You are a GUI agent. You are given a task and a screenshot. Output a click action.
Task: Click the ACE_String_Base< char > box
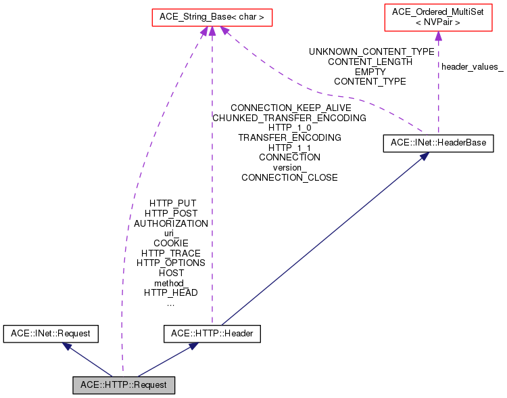212,18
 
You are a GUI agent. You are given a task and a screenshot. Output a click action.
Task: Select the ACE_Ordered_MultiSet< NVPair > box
438,18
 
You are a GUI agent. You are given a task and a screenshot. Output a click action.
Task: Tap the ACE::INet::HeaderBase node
438,143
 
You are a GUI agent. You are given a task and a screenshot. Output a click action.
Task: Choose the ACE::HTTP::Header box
212,334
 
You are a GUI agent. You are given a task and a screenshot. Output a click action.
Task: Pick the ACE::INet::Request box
51,334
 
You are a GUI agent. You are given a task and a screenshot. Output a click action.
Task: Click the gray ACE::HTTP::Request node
124,385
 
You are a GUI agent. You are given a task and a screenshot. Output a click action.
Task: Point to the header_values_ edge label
473,67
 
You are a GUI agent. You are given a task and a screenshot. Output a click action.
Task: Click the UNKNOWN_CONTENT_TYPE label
372,52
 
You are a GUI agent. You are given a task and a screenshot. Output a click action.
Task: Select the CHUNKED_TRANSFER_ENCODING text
289,118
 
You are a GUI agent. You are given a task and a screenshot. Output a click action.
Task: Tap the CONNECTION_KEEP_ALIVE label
291,108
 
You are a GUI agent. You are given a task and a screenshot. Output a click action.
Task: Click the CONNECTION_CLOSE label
289,178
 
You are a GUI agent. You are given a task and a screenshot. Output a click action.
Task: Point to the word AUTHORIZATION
171,224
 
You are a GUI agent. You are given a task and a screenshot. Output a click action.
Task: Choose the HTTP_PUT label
172,204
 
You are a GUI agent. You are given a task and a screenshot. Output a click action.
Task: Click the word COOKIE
171,243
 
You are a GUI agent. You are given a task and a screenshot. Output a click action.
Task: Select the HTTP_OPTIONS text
171,263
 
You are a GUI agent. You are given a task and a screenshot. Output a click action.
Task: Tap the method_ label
170,284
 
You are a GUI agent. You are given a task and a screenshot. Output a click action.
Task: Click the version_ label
288,168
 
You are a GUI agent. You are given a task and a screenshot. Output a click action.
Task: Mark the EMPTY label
370,72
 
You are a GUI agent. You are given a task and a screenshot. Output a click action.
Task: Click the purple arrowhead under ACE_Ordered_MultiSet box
438,36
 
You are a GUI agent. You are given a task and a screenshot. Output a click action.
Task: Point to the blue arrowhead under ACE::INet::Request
67,346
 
